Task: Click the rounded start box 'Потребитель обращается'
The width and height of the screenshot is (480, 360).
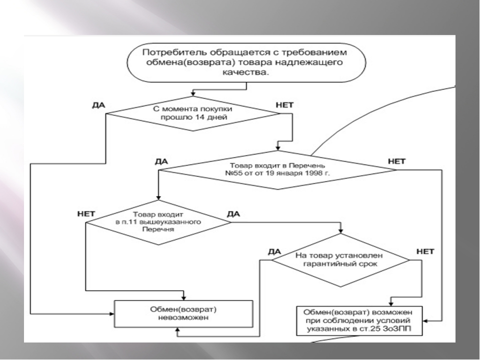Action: (x=246, y=63)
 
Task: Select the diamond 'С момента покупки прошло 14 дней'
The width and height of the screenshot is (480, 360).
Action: (x=193, y=113)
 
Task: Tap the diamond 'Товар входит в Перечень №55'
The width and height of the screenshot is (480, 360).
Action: (x=277, y=170)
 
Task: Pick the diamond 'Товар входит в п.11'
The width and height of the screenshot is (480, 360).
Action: (x=158, y=222)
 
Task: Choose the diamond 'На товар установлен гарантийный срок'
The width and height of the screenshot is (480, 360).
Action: (x=340, y=260)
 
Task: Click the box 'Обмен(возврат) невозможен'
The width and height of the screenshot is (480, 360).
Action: (x=183, y=314)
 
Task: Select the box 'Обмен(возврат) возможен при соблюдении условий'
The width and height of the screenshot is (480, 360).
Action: (x=359, y=321)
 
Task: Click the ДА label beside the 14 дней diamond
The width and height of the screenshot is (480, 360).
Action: (x=98, y=105)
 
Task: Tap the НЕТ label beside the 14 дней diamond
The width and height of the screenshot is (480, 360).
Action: (x=284, y=105)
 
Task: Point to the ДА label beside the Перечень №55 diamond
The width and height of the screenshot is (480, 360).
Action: (x=161, y=161)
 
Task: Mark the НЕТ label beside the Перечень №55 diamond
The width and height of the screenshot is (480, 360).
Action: (x=396, y=161)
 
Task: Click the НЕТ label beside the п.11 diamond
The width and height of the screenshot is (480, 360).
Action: (x=86, y=213)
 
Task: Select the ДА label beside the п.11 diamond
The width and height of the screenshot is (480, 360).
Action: (x=233, y=213)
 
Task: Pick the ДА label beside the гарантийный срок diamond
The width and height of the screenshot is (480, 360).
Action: (x=274, y=251)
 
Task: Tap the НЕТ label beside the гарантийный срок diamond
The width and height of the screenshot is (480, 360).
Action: (x=425, y=251)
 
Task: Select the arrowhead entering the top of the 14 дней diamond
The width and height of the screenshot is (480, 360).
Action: (x=193, y=93)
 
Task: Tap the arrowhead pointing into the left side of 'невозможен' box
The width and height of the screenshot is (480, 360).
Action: (x=111, y=314)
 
